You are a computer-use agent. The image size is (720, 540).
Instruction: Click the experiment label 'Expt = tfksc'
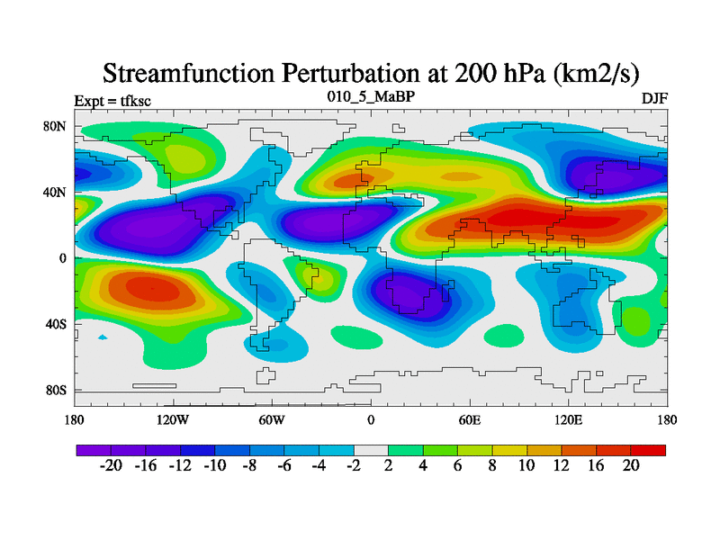tap(112, 101)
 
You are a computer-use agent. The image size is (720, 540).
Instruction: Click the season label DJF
tap(654, 98)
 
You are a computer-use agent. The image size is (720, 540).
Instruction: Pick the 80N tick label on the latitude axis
tap(56, 127)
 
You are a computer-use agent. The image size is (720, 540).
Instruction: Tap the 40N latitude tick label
tap(56, 193)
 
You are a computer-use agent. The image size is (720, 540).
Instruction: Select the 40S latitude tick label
tap(57, 324)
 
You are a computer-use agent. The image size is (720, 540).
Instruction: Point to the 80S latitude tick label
tap(57, 391)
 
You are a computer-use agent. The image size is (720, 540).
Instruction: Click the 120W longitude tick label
tap(172, 419)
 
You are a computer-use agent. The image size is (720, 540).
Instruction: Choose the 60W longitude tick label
tap(271, 419)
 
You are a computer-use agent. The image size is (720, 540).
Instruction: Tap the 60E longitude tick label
tap(470, 419)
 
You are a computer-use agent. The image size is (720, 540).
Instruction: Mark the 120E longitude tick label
tap(569, 419)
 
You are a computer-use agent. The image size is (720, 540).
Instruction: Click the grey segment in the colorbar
tap(371, 450)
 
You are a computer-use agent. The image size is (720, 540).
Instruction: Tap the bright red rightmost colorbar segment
tap(648, 450)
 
